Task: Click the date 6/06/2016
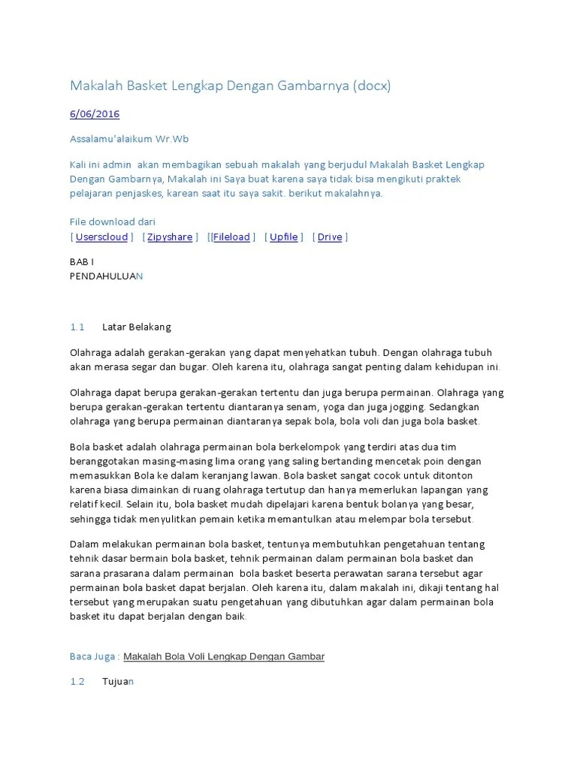pos(95,114)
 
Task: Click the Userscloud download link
pos(101,237)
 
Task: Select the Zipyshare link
pos(169,237)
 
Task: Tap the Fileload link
pos(231,237)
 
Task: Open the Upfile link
pos(283,237)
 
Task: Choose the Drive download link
pos(330,237)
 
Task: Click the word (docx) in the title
pos(368,86)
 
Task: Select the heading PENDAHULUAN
pos(105,276)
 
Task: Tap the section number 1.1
pos(77,327)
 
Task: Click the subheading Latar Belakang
pos(137,327)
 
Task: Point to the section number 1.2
pos(77,682)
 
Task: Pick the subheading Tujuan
pos(117,682)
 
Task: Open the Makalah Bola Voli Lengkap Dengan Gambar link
pos(224,656)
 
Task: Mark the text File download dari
pos(113,222)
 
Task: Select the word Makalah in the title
pos(98,86)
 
